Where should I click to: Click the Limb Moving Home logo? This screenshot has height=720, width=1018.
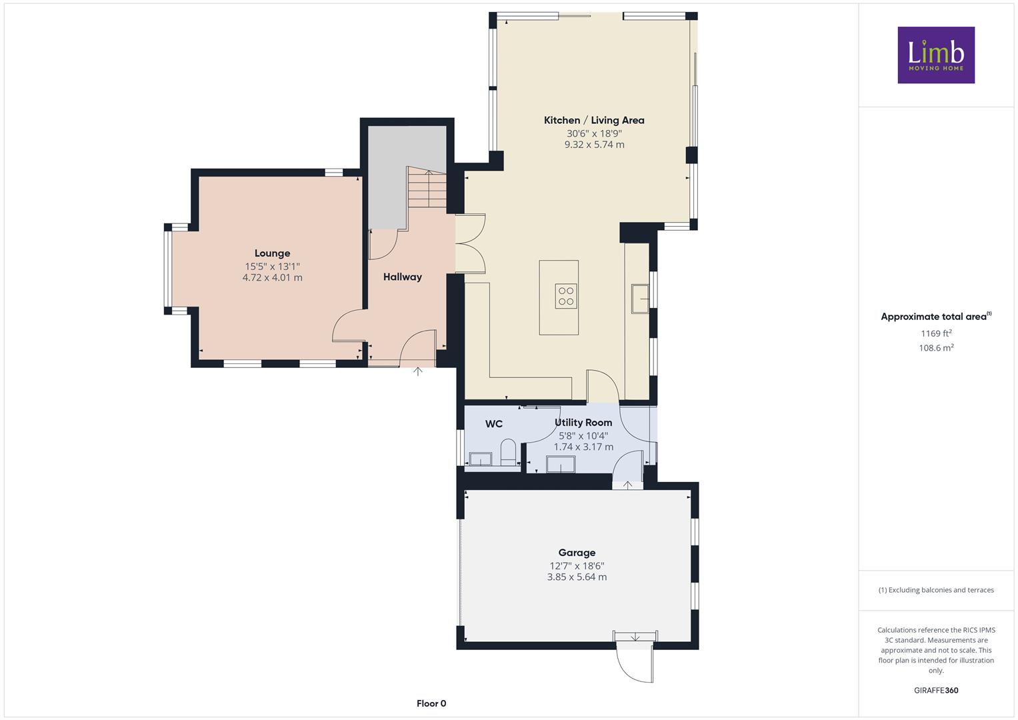coord(936,55)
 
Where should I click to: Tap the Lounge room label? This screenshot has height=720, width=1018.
coord(272,253)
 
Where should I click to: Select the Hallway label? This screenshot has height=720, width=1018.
coord(402,277)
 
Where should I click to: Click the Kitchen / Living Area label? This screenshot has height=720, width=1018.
coord(594,121)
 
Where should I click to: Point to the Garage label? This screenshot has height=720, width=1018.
coord(577,553)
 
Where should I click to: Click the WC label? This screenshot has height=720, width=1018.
coord(493,424)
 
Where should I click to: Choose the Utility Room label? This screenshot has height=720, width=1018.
coord(583,423)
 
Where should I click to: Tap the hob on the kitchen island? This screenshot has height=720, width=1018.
coord(566,296)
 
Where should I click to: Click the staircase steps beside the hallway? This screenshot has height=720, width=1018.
coord(427,188)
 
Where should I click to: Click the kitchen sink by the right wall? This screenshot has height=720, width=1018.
coord(640,299)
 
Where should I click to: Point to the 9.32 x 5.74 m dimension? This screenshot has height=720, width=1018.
coord(594,145)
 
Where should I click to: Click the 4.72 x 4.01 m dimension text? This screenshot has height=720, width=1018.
coord(272,278)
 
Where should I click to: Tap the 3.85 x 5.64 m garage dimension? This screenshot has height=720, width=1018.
coord(577,577)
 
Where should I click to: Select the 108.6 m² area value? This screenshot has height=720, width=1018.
coord(936,348)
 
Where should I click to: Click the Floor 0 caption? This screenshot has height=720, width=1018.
coord(431,703)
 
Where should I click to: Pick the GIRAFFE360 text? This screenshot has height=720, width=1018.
coord(936,691)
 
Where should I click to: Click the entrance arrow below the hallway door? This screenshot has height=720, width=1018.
coord(417,371)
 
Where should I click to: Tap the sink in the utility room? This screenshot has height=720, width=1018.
coord(561,465)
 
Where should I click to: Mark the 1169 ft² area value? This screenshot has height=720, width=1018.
coord(936,333)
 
